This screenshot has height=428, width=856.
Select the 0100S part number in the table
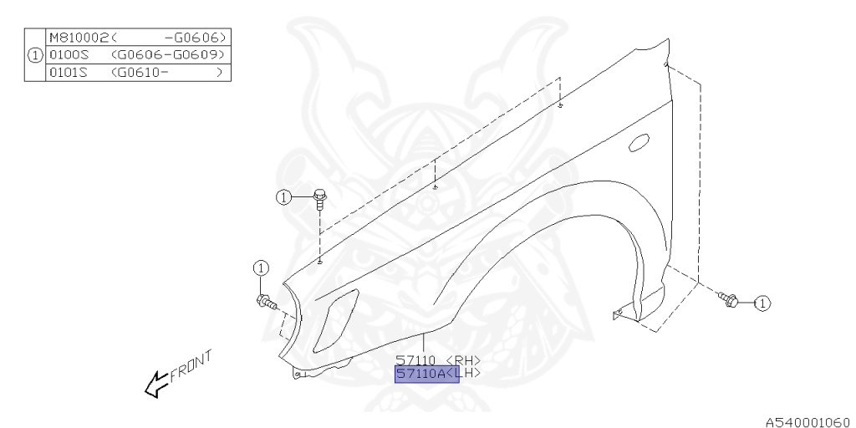63,55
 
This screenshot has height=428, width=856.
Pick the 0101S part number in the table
63,72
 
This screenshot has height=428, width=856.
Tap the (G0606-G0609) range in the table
167,55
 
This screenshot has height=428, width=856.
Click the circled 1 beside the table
34,55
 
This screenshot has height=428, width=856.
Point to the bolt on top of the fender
320,197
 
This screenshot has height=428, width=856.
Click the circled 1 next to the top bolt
284,197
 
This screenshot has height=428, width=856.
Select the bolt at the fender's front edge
266,301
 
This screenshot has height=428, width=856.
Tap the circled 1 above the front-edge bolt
261,268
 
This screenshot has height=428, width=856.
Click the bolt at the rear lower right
727,298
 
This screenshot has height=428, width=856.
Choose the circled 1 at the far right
762,303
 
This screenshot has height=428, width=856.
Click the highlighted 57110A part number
421,374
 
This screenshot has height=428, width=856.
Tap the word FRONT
191,365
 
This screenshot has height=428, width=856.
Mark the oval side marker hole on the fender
639,142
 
